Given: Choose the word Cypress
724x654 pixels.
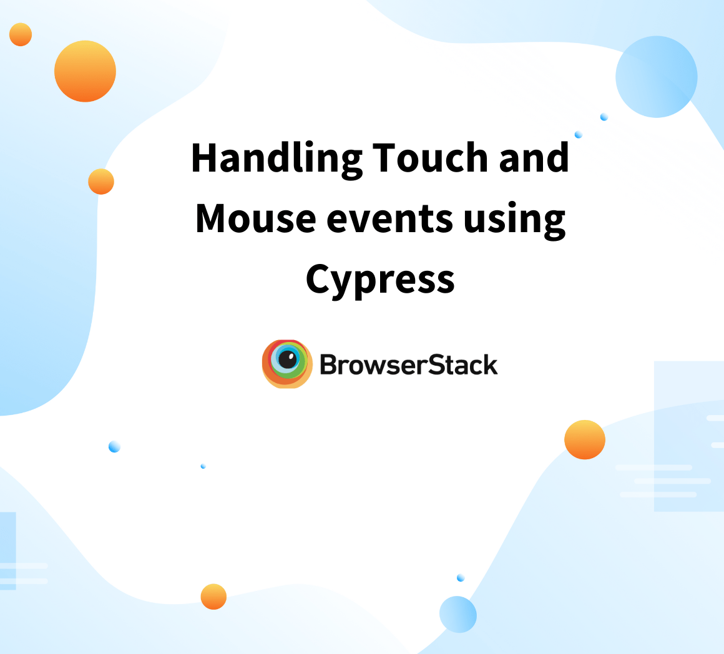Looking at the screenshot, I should (380, 281).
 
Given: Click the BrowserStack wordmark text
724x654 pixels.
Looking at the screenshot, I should (409, 365).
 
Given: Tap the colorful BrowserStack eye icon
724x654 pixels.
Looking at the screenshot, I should (287, 364).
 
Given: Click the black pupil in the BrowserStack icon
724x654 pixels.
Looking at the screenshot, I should (288, 359).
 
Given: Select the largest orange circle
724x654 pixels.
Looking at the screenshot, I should (85, 71).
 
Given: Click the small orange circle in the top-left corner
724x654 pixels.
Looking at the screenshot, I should (21, 34).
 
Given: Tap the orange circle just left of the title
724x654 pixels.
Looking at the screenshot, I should (101, 182).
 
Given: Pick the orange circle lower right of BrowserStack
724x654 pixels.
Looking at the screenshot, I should (585, 440).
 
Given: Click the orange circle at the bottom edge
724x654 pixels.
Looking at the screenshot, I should (213, 597).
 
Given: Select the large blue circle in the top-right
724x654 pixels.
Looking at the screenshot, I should (657, 77).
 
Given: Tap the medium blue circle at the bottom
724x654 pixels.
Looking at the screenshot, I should (458, 614).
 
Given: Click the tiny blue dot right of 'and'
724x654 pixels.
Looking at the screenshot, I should (579, 134).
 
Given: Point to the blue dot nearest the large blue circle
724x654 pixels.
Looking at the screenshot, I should (604, 117).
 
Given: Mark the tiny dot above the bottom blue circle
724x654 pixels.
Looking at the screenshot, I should (461, 578).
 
